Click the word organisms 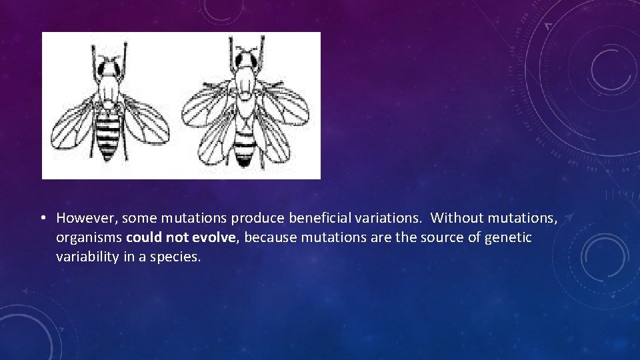tap(89, 238)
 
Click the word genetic tap(510, 237)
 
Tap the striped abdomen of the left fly tap(107, 133)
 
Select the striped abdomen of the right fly tap(245, 143)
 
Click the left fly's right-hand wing tap(144, 120)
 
